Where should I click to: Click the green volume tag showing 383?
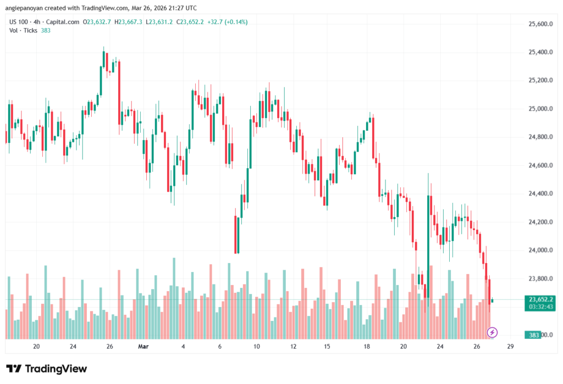[533, 335]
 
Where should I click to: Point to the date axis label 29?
[511, 347]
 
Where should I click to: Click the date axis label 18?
[366, 347]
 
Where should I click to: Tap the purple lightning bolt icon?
[493, 332]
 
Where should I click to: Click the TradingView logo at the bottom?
[47, 369]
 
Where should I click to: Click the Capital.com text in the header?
[62, 22]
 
